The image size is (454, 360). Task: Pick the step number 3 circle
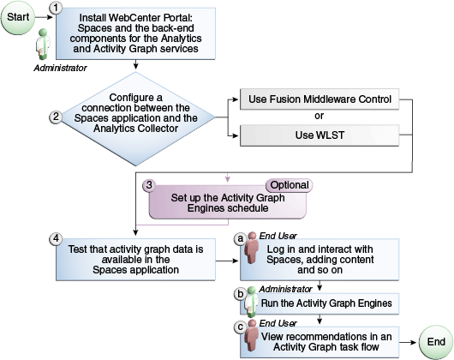pyautogui.click(x=148, y=184)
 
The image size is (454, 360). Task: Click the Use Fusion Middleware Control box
pyautogui.click(x=320, y=99)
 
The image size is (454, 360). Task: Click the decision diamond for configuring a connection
pyautogui.click(x=135, y=117)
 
